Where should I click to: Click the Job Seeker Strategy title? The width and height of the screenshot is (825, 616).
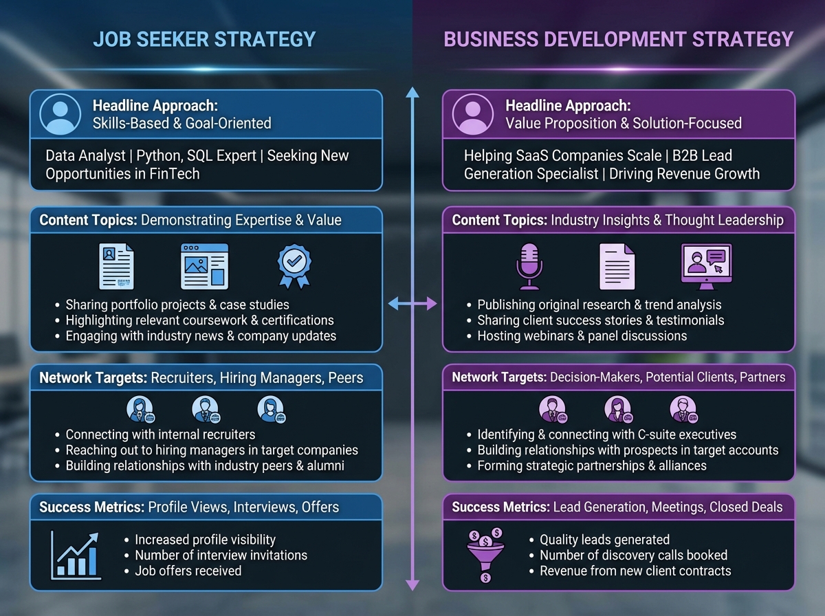point(204,38)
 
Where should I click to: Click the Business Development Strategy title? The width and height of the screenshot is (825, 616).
point(618,38)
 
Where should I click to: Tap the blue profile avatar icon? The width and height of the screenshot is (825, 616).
point(60,114)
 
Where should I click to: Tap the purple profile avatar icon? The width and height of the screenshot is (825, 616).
point(473,114)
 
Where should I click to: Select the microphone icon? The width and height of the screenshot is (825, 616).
point(529,266)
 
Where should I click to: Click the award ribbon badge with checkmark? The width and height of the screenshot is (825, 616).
point(294,267)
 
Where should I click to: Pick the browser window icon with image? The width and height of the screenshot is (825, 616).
point(204,266)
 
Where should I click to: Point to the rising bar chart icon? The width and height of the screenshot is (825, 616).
point(76,553)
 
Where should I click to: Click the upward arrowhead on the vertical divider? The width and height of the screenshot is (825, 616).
point(412,94)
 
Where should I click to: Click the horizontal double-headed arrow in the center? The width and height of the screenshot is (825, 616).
point(412,303)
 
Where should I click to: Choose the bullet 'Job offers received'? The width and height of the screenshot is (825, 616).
point(188,571)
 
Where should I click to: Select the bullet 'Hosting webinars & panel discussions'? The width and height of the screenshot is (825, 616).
point(582,336)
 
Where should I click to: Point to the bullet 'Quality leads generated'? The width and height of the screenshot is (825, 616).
point(604,540)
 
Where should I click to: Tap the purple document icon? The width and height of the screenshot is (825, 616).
point(617,266)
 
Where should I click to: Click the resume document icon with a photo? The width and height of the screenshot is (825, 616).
point(116,266)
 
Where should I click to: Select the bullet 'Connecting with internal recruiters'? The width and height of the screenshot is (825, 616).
point(160,434)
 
